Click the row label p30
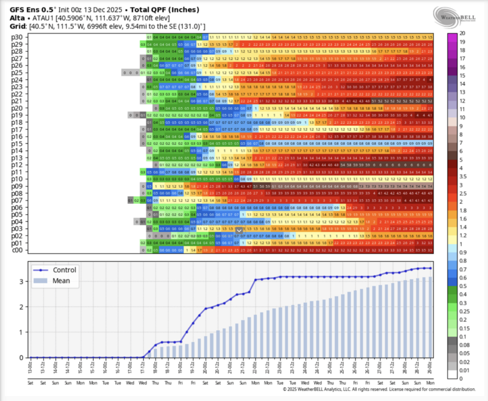point(17,37)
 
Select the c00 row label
point(17,250)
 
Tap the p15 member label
point(17,143)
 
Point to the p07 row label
point(17,200)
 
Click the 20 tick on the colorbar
point(462,32)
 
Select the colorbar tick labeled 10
point(462,117)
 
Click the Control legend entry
point(63,270)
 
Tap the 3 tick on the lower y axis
point(23,281)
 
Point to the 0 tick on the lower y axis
point(23,358)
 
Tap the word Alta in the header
point(17,18)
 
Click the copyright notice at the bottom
point(379,389)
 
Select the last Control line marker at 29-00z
point(431,268)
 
